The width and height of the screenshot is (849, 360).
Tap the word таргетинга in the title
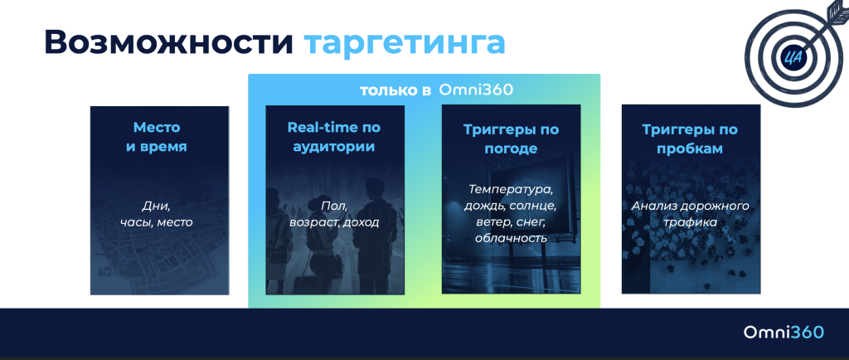coord(404,43)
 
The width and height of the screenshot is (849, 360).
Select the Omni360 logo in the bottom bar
coord(784,332)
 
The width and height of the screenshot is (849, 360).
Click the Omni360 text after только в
coord(476,90)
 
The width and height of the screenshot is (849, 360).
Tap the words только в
coord(395,90)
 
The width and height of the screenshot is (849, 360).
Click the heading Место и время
coord(158,137)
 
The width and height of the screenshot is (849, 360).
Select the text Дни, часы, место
coord(158,213)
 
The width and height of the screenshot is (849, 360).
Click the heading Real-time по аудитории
coord(334,137)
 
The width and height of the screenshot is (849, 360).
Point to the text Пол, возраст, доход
coord(334,213)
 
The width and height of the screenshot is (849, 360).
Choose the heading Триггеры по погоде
coord(511,139)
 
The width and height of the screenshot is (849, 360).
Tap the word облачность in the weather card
coord(511,238)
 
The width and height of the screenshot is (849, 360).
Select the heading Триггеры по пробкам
coord(690,139)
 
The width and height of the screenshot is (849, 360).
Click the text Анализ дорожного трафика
coord(690,213)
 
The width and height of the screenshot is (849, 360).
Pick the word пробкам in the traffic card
coord(690,148)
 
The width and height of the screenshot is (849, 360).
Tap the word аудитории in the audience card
coord(334,147)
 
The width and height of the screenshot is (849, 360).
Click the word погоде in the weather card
coord(511,148)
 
